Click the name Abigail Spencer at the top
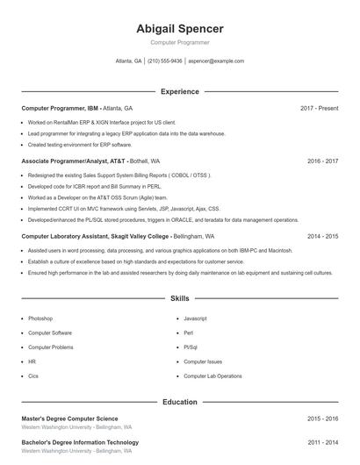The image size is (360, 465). click(x=179, y=29)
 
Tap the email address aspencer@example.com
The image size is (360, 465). click(x=216, y=61)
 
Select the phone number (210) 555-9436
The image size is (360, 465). click(x=165, y=61)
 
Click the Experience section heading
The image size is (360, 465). click(x=179, y=91)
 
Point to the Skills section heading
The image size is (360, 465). click(x=179, y=299)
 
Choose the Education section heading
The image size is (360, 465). click(x=179, y=402)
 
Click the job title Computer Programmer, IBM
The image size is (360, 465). click(x=60, y=108)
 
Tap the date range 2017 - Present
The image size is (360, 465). click(x=319, y=108)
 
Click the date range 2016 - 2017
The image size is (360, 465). click(x=322, y=161)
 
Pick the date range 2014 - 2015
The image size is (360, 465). click(x=322, y=236)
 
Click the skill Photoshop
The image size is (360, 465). click(x=40, y=318)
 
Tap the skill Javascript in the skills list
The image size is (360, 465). click(x=195, y=318)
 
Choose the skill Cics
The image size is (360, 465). click(x=33, y=376)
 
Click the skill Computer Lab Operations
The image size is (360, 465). click(x=212, y=376)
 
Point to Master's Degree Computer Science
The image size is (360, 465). click(x=69, y=419)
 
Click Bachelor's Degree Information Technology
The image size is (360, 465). click(x=80, y=442)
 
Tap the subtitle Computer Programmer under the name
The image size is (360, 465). click(x=179, y=42)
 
